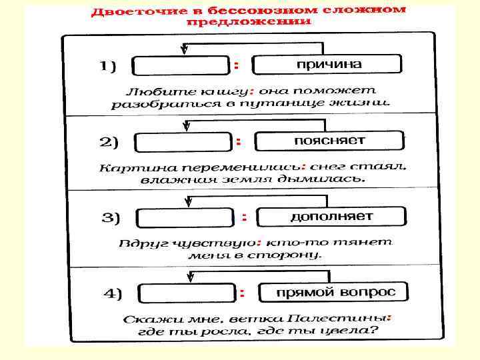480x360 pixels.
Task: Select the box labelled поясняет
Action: (329, 141)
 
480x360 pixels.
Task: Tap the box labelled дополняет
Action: (331, 217)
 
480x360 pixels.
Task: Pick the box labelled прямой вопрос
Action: (333, 292)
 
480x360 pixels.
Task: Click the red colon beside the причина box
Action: (237, 65)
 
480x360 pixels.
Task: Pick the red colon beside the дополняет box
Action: (244, 217)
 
